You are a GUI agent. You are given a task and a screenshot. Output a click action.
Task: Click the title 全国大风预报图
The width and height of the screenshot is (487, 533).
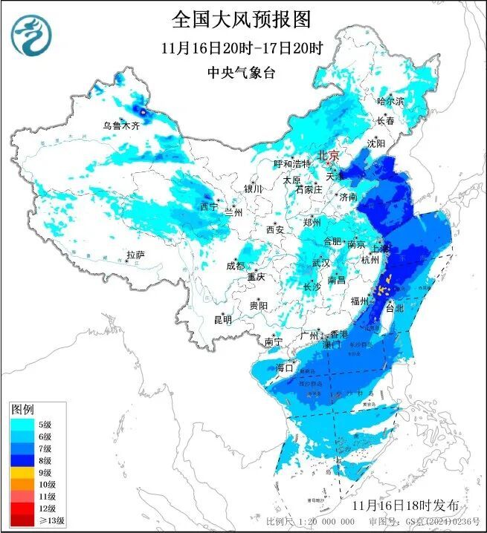pyautogui.click(x=242, y=19)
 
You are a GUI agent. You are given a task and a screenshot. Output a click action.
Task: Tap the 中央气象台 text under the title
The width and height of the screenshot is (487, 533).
pyautogui.click(x=242, y=72)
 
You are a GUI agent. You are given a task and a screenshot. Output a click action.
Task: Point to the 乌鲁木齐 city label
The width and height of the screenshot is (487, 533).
pyautogui.click(x=121, y=126)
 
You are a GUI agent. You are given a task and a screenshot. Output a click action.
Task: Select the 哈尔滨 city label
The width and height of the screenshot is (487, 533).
pyautogui.click(x=390, y=100)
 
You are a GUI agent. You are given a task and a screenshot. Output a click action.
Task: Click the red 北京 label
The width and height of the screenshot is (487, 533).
pyautogui.click(x=328, y=155)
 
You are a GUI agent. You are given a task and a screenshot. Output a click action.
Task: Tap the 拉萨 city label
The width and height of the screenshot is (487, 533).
pyautogui.click(x=135, y=255)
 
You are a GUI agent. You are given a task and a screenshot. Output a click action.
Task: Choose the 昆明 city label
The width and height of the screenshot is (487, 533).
pyautogui.click(x=222, y=320)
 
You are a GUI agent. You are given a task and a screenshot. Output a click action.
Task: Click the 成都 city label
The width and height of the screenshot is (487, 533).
pyautogui.click(x=235, y=266)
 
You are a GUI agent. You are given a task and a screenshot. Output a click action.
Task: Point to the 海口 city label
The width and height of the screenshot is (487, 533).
pyautogui.click(x=285, y=367)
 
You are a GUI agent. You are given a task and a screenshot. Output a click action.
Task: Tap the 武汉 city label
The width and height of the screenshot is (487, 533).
pyautogui.click(x=321, y=263)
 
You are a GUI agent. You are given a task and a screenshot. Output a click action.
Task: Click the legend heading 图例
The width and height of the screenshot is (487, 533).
pyautogui.click(x=22, y=410)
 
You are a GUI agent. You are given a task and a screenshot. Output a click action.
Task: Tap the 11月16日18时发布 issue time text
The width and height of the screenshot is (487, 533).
pyautogui.click(x=407, y=505)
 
